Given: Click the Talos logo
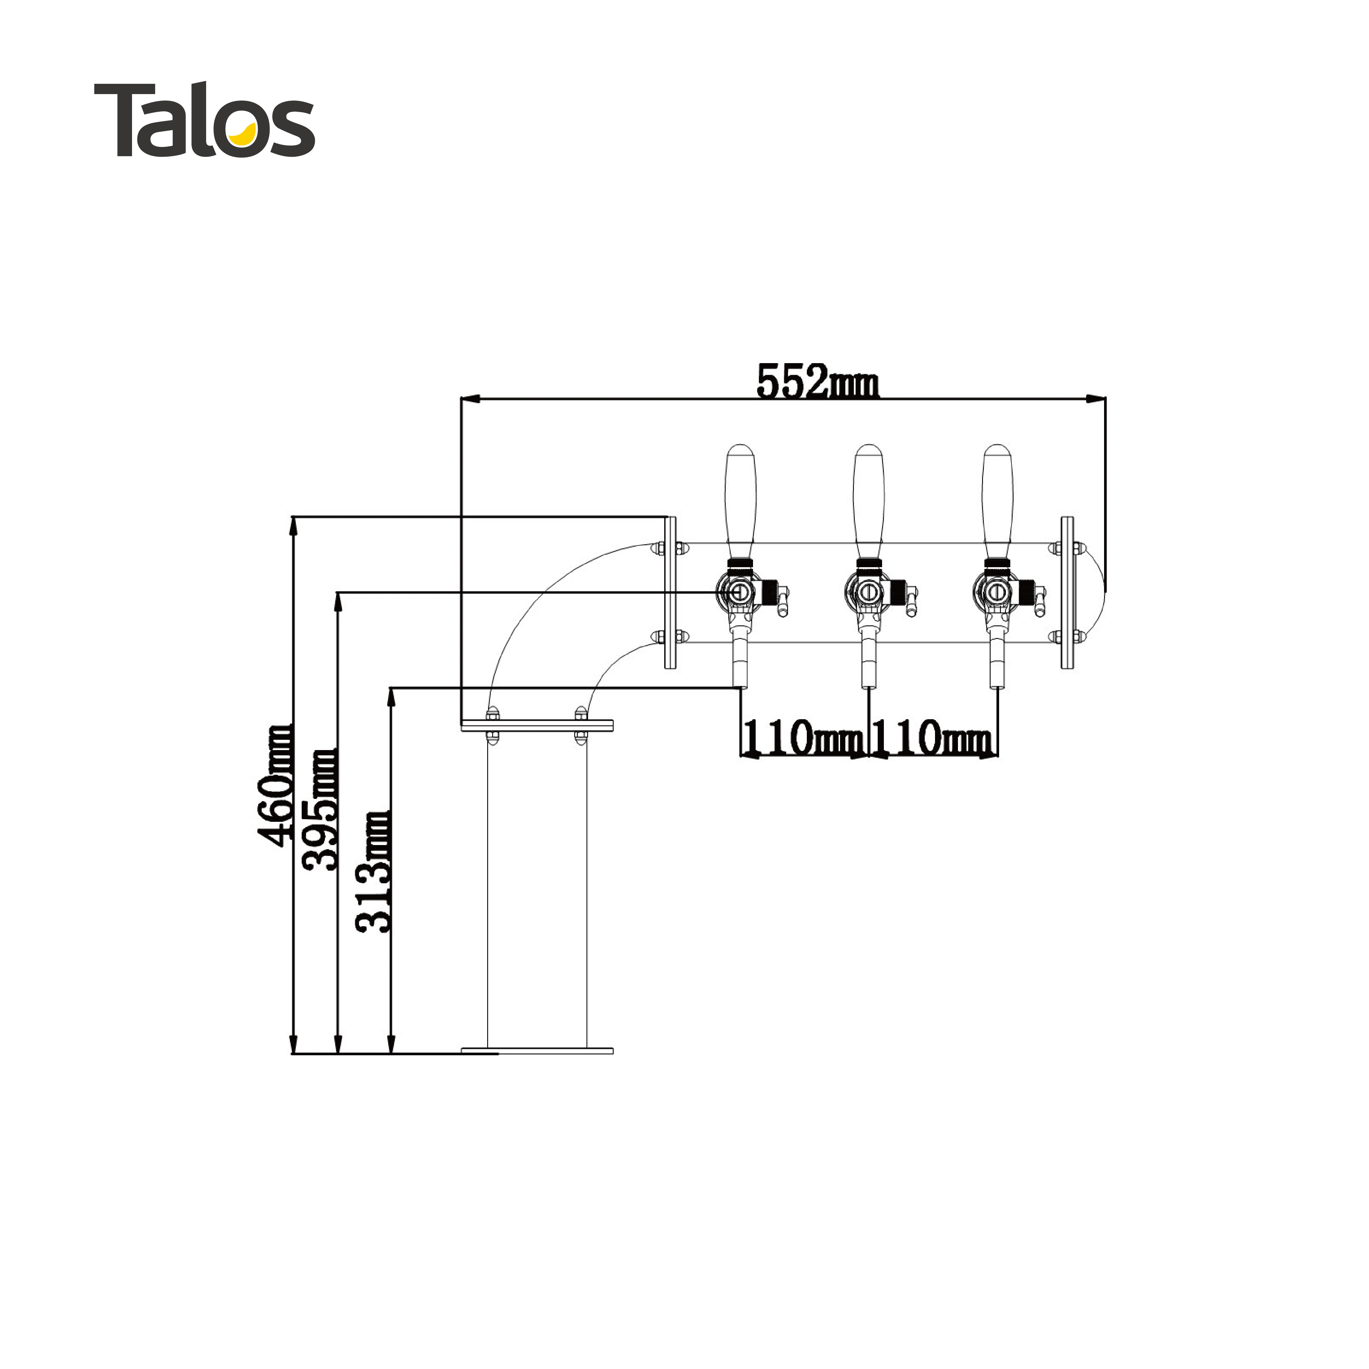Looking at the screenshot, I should point(204,119).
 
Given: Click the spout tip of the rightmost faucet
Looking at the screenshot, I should point(996,682).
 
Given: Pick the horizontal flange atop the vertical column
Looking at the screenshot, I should point(536,726).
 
